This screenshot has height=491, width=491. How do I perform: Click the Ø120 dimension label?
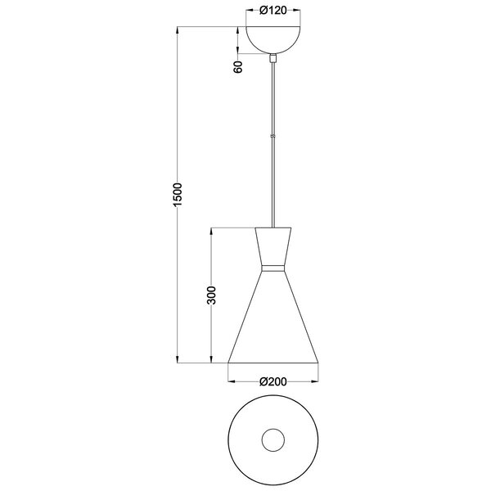273,11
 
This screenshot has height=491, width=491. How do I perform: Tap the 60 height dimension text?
238,67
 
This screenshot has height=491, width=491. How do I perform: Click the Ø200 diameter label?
273,381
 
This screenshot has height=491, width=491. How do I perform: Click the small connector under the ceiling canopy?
273,58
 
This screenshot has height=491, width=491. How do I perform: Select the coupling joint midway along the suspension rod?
273,136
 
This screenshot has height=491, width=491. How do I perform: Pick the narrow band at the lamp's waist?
273,268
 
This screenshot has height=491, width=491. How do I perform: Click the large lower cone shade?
273,323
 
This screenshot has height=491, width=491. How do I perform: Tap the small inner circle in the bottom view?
273,440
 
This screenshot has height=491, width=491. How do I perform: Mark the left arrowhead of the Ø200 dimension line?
231,381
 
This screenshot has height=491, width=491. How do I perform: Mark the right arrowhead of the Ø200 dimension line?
315,381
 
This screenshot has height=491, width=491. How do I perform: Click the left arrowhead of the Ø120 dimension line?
249,11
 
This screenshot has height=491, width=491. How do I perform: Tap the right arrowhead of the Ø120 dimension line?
297,11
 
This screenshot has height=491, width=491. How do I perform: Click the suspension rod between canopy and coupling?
273,98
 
